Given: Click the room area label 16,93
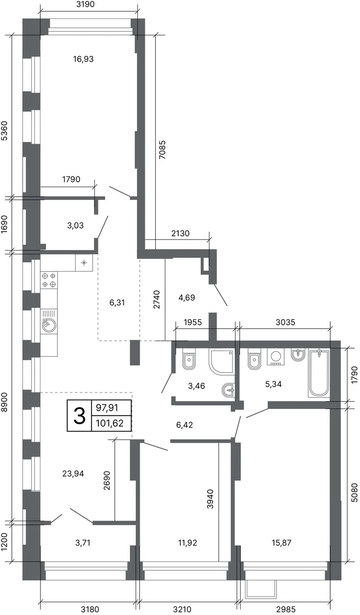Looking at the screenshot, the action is pyautogui.click(x=83, y=59).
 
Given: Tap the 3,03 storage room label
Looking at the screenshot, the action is pyautogui.click(x=75, y=225).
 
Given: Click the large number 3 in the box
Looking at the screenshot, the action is pyautogui.click(x=79, y=416).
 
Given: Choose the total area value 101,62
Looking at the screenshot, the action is pyautogui.click(x=110, y=424).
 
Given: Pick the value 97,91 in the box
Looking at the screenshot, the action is pyautogui.click(x=107, y=408).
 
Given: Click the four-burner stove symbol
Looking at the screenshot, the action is pyautogui.click(x=49, y=280).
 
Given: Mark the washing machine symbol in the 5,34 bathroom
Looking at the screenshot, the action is pyautogui.click(x=276, y=357).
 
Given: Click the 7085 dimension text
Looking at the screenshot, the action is pyautogui.click(x=162, y=150).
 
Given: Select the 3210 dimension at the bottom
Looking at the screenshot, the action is pyautogui.click(x=182, y=610).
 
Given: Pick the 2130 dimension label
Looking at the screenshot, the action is pyautogui.click(x=180, y=233).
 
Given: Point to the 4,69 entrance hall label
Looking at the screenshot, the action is pyautogui.click(x=186, y=298).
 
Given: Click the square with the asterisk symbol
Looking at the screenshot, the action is pyautogui.click(x=84, y=263).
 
